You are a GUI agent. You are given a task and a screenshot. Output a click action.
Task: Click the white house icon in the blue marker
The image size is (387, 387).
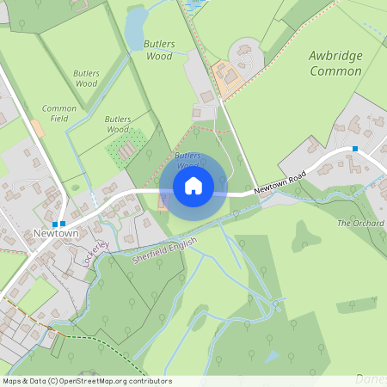pos(193,185)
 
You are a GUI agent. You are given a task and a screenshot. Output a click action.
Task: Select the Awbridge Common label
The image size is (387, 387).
pos(335,64)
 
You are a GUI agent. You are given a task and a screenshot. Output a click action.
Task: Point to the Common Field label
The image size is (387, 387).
pos(59,113)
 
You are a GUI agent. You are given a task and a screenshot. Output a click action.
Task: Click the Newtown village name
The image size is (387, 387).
pos(56,233)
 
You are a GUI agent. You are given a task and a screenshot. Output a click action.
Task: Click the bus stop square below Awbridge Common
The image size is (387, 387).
pos(354,149)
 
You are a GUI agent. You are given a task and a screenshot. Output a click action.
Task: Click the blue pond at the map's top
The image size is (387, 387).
pos(135,28)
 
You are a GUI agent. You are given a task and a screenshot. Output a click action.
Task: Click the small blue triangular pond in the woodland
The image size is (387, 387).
pos(273,355)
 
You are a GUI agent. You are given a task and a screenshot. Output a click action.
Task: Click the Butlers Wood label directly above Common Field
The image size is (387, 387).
pos(86,79)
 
